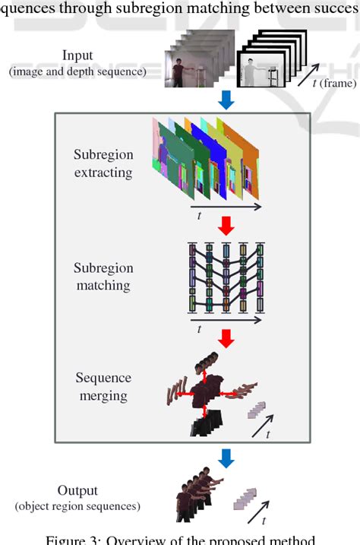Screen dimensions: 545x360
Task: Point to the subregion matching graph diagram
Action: click(225, 277)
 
